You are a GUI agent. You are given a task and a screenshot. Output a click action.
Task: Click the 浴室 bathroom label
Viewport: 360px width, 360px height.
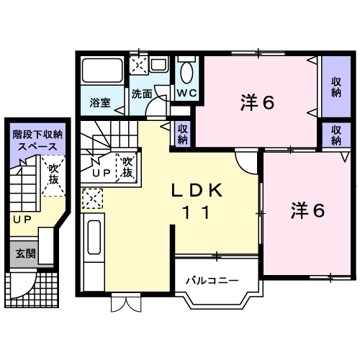point(100,103)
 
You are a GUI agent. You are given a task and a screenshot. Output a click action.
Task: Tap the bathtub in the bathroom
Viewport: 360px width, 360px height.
point(102,71)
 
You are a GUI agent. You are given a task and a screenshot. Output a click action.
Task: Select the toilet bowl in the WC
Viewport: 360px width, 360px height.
point(186,73)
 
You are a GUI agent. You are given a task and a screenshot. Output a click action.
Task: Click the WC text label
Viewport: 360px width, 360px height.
point(187,93)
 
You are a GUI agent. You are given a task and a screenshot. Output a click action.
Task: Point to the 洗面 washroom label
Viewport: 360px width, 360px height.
point(142,94)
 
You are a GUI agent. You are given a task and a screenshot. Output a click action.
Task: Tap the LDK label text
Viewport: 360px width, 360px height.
point(197,190)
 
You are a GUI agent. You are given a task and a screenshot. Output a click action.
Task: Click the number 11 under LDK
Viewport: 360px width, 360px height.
point(197,212)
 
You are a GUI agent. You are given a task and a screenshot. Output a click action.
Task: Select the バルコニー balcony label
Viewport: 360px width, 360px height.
point(212,280)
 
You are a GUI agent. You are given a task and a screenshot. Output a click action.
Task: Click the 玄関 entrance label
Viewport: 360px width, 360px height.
point(25,253)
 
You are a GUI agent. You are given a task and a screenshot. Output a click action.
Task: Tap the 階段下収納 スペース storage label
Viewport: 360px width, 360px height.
point(37,140)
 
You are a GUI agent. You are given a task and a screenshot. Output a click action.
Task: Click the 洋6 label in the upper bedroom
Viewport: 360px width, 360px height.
point(257,102)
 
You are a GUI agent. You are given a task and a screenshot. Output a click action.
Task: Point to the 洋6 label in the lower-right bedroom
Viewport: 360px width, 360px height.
point(307,210)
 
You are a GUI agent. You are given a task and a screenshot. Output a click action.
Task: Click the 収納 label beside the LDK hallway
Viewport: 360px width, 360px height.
point(182,135)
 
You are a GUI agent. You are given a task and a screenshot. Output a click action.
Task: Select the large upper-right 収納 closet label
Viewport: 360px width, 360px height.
point(336,87)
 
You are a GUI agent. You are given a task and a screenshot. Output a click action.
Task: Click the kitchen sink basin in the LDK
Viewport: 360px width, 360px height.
point(94,237)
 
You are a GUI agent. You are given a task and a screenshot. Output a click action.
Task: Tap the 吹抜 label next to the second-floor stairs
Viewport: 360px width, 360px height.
point(127,168)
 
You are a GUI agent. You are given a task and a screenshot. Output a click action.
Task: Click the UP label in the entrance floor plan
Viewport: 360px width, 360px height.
point(22,220)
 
